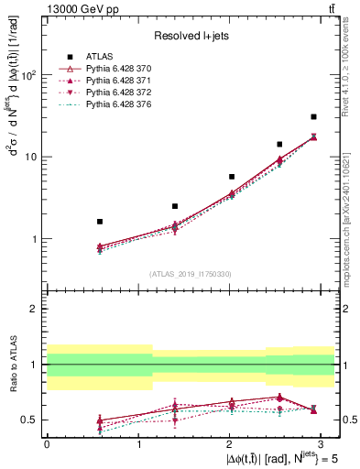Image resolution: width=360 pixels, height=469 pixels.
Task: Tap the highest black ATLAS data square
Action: click(x=313, y=116)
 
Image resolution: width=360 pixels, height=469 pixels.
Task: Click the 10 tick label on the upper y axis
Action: click(x=29, y=157)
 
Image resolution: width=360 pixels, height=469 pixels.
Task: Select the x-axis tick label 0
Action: click(x=47, y=442)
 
